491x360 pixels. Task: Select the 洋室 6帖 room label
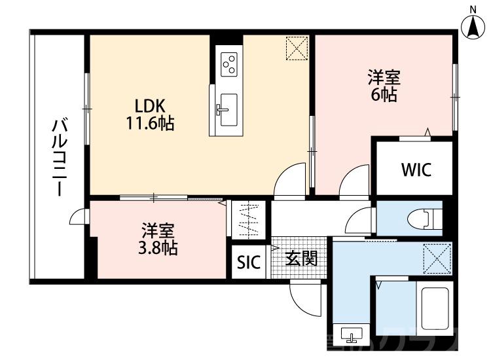[383, 86]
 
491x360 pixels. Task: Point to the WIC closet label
[416, 170]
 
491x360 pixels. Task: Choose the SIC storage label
[249, 263]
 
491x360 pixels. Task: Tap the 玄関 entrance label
[301, 259]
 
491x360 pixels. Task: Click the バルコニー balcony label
[59, 157]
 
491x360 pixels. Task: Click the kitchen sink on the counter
[228, 109]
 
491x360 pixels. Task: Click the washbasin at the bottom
[352, 336]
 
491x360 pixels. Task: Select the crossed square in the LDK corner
[297, 47]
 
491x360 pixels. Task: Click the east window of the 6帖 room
[454, 96]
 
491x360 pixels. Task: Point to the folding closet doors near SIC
[249, 221]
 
